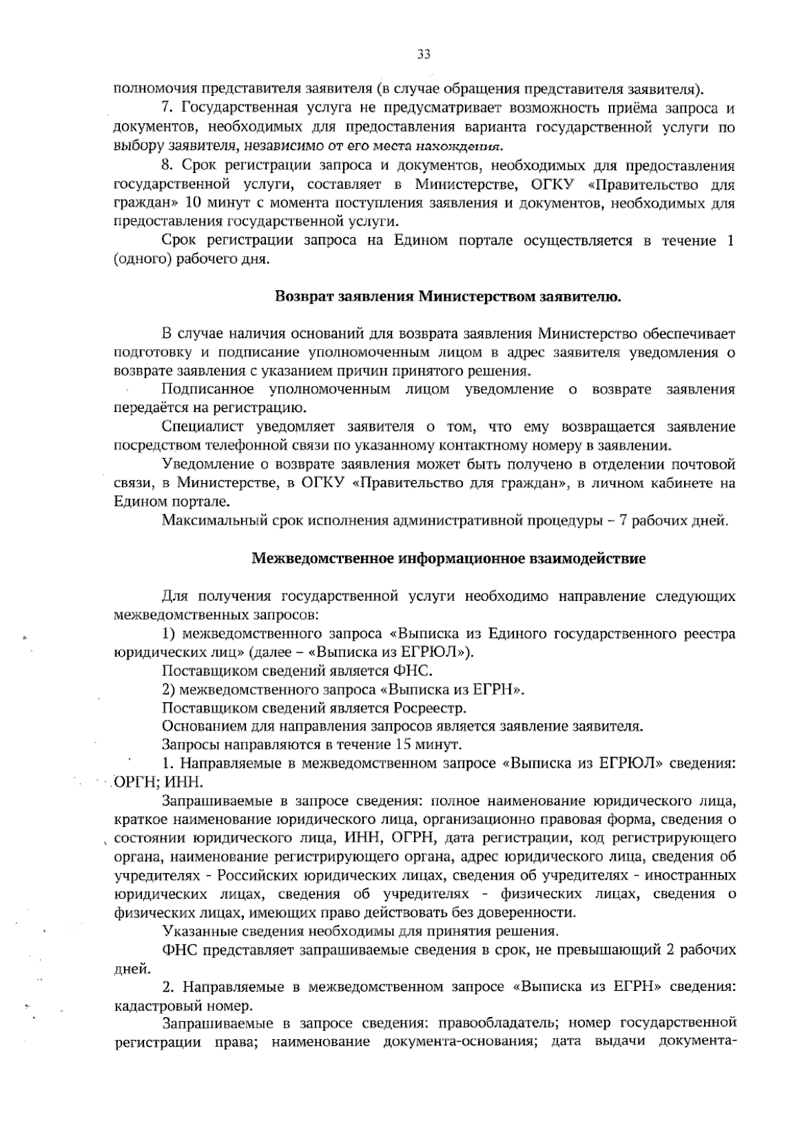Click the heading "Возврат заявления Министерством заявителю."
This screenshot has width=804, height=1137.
point(449,297)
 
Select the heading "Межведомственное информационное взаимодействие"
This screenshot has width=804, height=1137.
point(448,557)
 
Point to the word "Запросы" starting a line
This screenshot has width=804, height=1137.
point(190,744)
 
